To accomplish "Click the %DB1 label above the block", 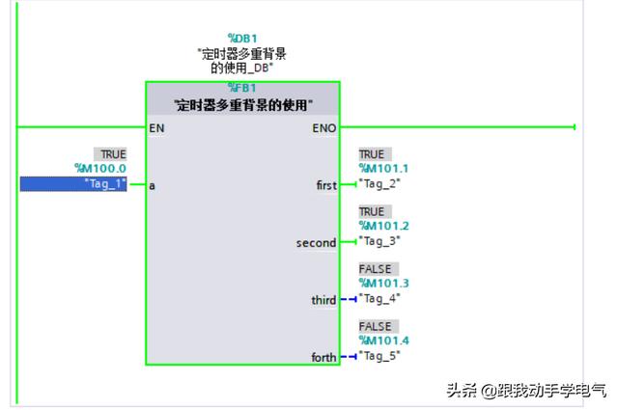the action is pyautogui.click(x=241, y=39).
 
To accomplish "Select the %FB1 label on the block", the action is pyautogui.click(x=241, y=87).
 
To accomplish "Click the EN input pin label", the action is pyautogui.click(x=157, y=127).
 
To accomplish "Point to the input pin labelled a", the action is pyautogui.click(x=152, y=184).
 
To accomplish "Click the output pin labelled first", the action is pyautogui.click(x=326, y=184).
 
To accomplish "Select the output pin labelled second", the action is pyautogui.click(x=316, y=243).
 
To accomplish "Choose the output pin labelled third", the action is pyautogui.click(x=323, y=300).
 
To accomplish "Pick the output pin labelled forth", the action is pyautogui.click(x=323, y=357).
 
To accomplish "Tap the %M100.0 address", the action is pyautogui.click(x=100, y=169).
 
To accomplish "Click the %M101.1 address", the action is pyautogui.click(x=383, y=169).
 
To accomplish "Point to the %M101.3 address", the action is pyautogui.click(x=383, y=284).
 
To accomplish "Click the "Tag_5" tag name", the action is pyautogui.click(x=379, y=356).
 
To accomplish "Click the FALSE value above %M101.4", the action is pyautogui.click(x=377, y=327).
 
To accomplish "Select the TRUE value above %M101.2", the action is pyautogui.click(x=372, y=211).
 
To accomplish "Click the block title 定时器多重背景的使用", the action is pyautogui.click(x=242, y=104).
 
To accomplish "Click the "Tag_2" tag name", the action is pyautogui.click(x=379, y=183).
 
